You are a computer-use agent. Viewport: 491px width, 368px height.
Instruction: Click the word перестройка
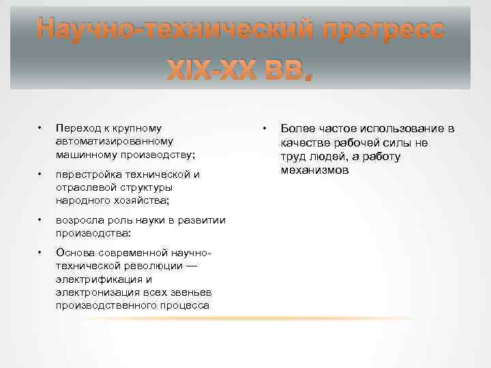[x=86, y=174]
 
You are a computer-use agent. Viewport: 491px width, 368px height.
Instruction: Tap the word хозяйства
[x=143, y=200]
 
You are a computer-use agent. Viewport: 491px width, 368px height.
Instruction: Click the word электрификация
[x=100, y=279]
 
